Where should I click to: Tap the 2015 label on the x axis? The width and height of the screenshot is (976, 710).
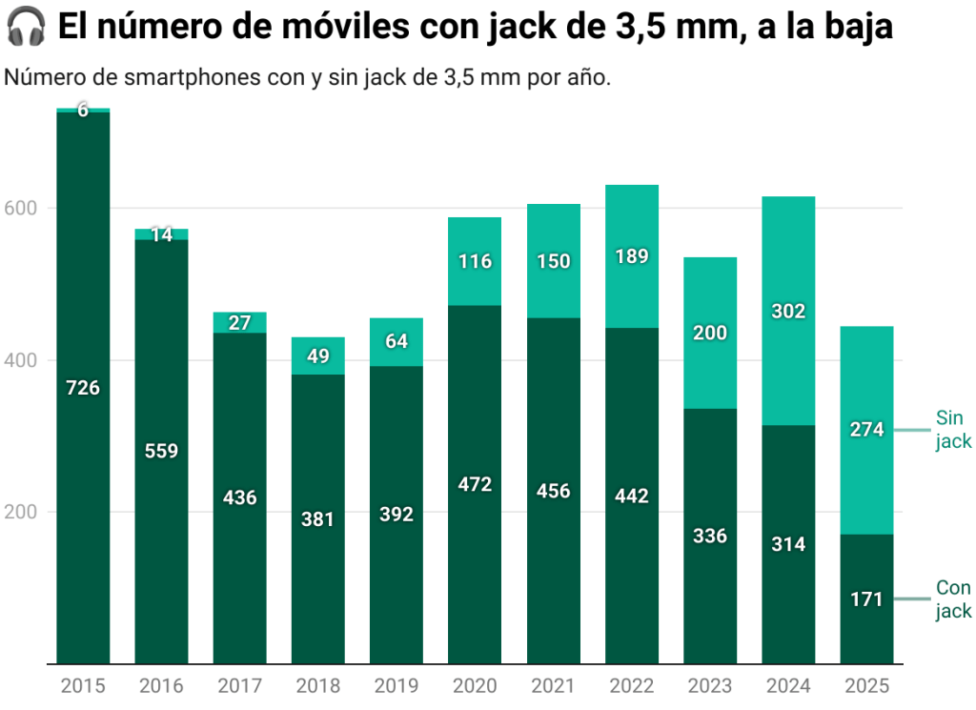tap(83, 686)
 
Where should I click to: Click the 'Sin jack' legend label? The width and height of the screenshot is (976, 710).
tap(953, 430)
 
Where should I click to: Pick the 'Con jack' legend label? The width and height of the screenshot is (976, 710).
tap(953, 599)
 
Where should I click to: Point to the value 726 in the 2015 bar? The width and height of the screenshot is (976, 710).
tap(83, 388)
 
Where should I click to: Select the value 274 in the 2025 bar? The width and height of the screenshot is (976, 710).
tap(866, 430)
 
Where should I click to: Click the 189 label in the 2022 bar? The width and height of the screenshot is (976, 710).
tap(631, 256)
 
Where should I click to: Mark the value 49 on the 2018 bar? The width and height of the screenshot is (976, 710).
tap(318, 356)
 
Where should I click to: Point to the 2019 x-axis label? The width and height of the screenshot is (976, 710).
tap(396, 686)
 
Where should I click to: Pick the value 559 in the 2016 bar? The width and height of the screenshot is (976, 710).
tap(161, 451)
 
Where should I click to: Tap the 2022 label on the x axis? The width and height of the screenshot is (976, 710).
tap(631, 686)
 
